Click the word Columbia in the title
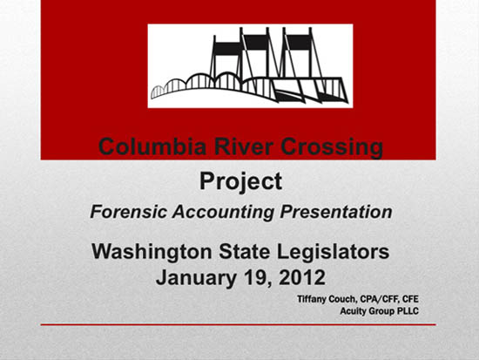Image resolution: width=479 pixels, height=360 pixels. click(x=152, y=146)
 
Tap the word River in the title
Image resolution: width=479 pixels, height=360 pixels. click(x=243, y=146)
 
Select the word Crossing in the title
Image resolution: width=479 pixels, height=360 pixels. click(x=332, y=147)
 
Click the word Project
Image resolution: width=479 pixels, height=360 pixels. click(x=240, y=182)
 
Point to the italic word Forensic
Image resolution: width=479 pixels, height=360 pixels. click(x=129, y=212)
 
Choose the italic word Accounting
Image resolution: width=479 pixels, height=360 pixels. click(x=223, y=213)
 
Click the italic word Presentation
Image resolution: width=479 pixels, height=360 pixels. click(x=335, y=212)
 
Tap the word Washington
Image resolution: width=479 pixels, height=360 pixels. click(x=152, y=252)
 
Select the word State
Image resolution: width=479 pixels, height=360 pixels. click(x=245, y=252)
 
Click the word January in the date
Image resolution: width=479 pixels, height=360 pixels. click(x=196, y=277)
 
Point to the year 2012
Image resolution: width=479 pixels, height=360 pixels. click(x=302, y=277)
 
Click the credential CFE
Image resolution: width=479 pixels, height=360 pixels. click(x=410, y=298)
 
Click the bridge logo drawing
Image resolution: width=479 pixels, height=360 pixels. click(x=250, y=65)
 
